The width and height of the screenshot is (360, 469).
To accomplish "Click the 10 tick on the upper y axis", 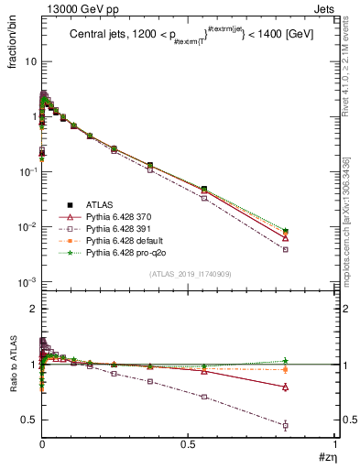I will tap(28, 61).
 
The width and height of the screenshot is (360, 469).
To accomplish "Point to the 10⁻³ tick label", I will tap(26, 281).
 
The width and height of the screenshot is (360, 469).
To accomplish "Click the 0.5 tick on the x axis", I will tap(189, 446).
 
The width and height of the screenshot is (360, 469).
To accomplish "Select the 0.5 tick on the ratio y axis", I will tap(27, 420).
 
